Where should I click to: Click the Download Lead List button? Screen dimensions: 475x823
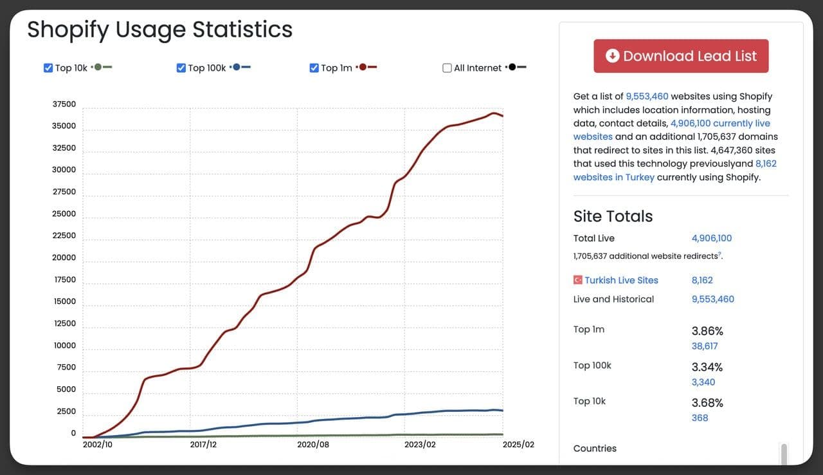tap(681, 56)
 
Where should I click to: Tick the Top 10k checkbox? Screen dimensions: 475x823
tap(48, 68)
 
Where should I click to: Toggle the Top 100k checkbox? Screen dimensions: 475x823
tap(181, 68)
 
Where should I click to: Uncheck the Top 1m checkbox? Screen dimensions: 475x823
tap(314, 68)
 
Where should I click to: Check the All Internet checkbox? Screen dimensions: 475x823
tap(447, 68)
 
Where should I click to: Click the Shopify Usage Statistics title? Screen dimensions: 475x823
tap(159, 30)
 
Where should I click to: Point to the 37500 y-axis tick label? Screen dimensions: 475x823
tap(64, 104)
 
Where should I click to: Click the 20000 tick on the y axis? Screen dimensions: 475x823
tap(64, 257)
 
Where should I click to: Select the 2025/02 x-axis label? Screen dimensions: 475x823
tap(518, 445)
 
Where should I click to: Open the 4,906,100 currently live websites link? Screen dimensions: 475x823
tap(720, 124)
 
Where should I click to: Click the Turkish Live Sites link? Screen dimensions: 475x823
tap(621, 280)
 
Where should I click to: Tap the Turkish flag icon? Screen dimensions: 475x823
tap(578, 280)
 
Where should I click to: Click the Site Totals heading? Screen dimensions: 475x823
tap(613, 216)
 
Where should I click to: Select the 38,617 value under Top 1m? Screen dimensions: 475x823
tap(705, 346)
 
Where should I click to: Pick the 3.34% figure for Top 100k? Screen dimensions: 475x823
tap(707, 367)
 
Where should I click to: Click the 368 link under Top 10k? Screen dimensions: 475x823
tap(700, 418)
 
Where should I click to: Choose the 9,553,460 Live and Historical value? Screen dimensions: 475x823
tap(712, 299)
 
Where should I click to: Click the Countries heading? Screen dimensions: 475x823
tap(595, 448)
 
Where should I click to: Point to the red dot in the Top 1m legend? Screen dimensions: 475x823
tap(363, 67)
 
